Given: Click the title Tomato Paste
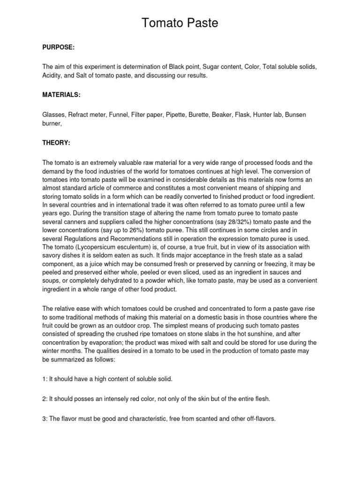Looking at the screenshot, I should [x=180, y=23].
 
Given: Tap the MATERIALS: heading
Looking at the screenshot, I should [x=61, y=95].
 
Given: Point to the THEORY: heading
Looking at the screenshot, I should [x=56, y=142].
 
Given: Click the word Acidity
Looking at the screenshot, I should [x=53, y=75].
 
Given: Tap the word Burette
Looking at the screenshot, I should [x=201, y=115].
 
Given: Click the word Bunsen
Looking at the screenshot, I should [x=295, y=115].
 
